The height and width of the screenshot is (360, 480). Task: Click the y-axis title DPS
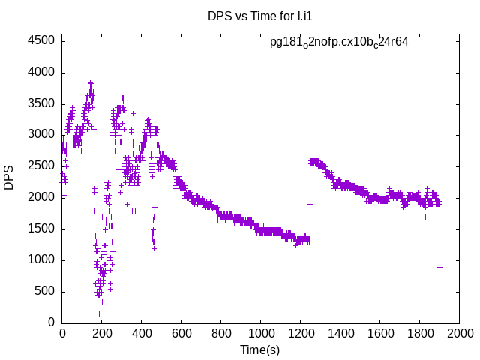click(x=9, y=178)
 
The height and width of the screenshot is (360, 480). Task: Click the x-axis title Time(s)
click(x=259, y=349)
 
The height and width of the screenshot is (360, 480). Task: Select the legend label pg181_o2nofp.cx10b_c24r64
click(x=339, y=42)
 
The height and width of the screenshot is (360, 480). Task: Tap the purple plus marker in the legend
click(x=431, y=43)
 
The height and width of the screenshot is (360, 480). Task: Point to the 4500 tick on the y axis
click(x=41, y=41)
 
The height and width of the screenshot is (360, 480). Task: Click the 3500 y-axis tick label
click(x=41, y=103)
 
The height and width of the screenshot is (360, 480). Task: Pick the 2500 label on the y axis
click(x=41, y=166)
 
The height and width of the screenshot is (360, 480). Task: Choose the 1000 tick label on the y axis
click(x=41, y=260)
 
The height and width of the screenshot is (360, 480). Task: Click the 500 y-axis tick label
click(x=44, y=291)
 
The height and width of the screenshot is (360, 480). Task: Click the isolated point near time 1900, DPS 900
click(x=439, y=267)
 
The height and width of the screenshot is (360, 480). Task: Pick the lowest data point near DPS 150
click(x=99, y=313)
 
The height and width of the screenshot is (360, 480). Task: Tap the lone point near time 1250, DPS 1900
click(x=310, y=204)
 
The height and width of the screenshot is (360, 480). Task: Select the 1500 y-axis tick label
click(x=41, y=229)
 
